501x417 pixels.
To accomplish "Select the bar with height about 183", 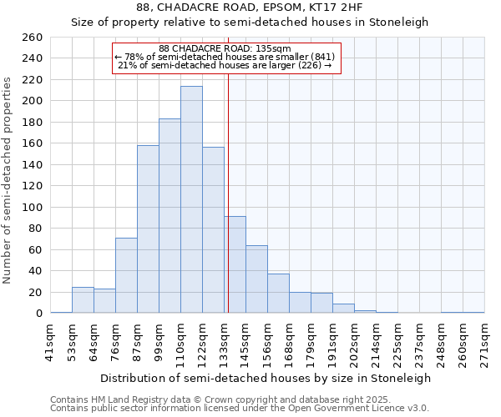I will (x=170, y=216).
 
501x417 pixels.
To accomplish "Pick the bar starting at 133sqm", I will (x=235, y=264).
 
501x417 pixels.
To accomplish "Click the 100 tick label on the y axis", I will (x=32, y=208).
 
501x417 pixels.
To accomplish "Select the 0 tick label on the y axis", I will (x=38, y=314).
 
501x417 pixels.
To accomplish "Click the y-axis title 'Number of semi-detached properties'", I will (x=8, y=180).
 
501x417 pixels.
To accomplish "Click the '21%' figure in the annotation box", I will (x=128, y=65).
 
